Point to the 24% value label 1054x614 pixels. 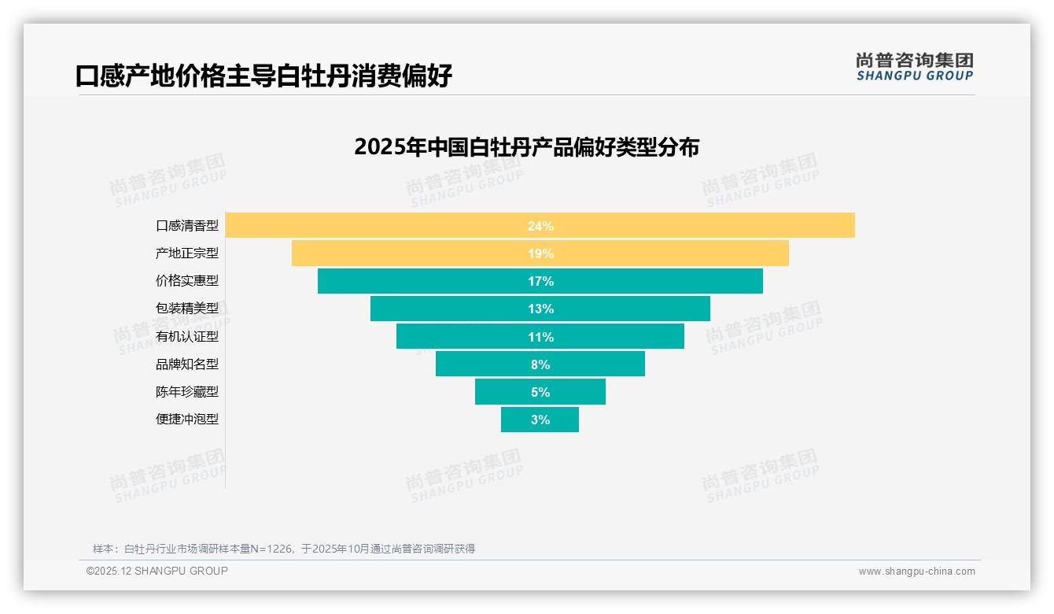(540, 226)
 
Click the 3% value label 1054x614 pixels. (540, 420)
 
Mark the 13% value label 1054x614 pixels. (540, 309)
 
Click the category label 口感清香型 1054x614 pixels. (187, 226)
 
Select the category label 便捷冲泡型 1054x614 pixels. (187, 420)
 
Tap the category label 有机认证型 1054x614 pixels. (187, 337)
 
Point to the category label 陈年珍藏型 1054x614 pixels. (187, 392)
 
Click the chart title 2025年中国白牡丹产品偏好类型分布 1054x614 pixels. (526, 147)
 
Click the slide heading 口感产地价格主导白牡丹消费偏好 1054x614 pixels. (263, 76)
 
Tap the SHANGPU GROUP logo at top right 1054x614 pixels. (914, 67)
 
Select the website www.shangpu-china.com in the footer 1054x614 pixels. (916, 571)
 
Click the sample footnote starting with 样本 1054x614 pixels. (284, 549)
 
